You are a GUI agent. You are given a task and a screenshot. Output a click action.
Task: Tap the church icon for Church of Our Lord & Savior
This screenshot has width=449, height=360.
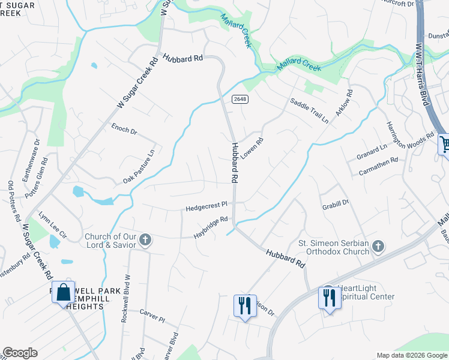pyautogui.click(x=145, y=241)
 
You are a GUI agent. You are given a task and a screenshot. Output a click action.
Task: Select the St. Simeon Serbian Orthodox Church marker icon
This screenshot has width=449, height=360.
pyautogui.click(x=378, y=246)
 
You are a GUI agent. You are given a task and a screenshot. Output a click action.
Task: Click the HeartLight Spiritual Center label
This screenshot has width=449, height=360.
pyautogui.click(x=366, y=292)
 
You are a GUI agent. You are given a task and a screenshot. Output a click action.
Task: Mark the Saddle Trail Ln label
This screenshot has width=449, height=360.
pyautogui.click(x=310, y=111)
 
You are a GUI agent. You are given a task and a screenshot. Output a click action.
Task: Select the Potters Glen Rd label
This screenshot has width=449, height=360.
pyautogui.click(x=28, y=190)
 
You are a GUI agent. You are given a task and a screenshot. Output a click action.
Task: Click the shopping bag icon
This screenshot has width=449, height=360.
pyautogui.click(x=63, y=293)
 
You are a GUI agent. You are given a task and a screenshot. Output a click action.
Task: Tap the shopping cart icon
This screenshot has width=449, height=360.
pyautogui.click(x=445, y=144)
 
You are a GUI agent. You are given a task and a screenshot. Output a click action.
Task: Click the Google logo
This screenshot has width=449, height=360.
pyautogui.click(x=20, y=353)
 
